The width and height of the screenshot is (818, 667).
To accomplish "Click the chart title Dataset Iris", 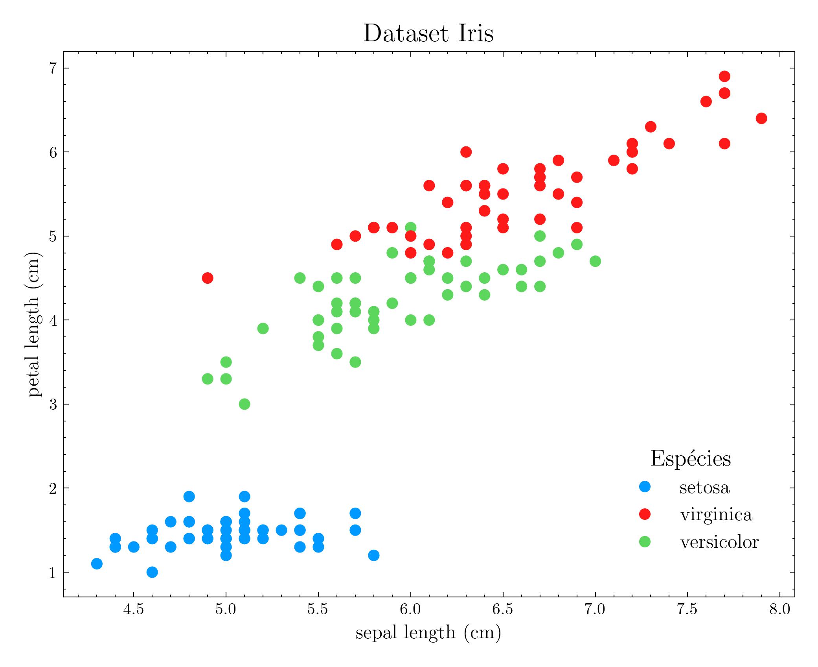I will [x=428, y=33].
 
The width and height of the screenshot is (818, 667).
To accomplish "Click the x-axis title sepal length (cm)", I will [x=428, y=633].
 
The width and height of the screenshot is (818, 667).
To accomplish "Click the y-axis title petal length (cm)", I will [x=35, y=324].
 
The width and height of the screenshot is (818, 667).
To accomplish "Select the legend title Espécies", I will [x=690, y=458].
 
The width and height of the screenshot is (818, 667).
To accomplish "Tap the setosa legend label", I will [x=704, y=488].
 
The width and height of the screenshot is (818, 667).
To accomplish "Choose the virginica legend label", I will [x=716, y=515].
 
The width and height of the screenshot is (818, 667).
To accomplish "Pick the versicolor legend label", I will [x=719, y=542].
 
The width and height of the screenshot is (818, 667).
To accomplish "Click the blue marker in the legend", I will [x=645, y=487].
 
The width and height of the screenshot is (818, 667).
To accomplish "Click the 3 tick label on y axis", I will [x=53, y=405].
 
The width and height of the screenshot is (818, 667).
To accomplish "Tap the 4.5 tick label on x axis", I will [x=134, y=610].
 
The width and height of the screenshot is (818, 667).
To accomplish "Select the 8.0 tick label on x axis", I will [x=779, y=610].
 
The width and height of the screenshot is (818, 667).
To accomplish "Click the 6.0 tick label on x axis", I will [x=410, y=610].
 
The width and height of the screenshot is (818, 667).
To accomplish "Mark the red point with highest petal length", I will [x=724, y=76].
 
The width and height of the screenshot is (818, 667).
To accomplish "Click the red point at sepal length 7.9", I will [x=761, y=118].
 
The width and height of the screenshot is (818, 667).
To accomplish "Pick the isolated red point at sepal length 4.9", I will [x=208, y=278].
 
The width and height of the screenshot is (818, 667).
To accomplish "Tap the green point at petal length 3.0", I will [x=244, y=404].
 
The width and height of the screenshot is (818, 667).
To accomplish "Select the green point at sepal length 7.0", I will [x=595, y=261].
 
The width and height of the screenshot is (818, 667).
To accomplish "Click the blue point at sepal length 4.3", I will [x=97, y=564].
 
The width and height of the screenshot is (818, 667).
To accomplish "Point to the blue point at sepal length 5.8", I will [x=374, y=555].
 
